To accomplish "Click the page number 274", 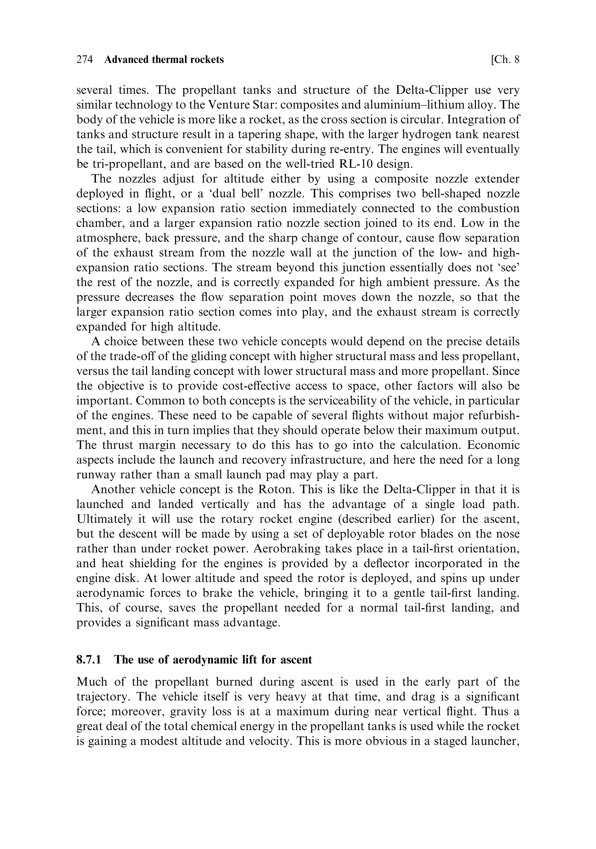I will [84, 59].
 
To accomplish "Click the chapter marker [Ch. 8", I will [505, 59].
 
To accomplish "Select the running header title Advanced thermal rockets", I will [164, 59].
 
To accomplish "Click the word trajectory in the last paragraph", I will [102, 697].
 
